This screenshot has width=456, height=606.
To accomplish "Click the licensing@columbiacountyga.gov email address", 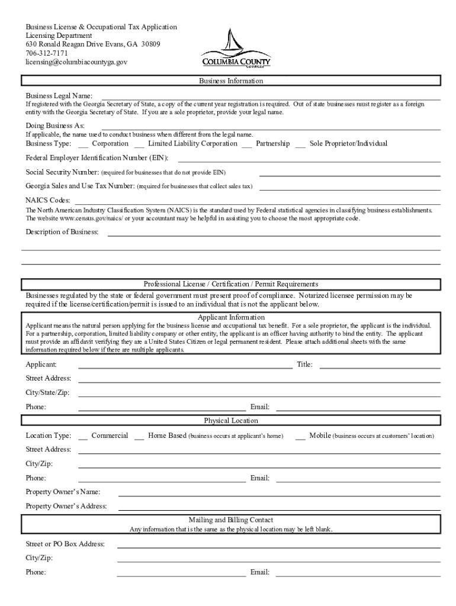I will [76, 62].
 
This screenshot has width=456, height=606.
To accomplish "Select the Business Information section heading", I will [231, 81].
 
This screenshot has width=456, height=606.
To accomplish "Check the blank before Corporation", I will [83, 145].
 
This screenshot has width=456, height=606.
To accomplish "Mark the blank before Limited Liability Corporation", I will [139, 145].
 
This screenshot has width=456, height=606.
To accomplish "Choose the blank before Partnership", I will [246, 145].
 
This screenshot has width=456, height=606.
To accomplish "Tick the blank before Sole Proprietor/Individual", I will [300, 145].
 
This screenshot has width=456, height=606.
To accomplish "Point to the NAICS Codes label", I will [47, 200].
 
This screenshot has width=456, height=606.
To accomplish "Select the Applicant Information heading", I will [231, 317].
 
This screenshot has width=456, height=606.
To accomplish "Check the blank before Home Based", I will [139, 437].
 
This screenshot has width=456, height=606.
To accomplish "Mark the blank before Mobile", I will [300, 437].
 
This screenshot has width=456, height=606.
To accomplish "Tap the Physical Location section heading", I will [231, 421].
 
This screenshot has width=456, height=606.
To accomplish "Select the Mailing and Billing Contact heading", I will [231, 520].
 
